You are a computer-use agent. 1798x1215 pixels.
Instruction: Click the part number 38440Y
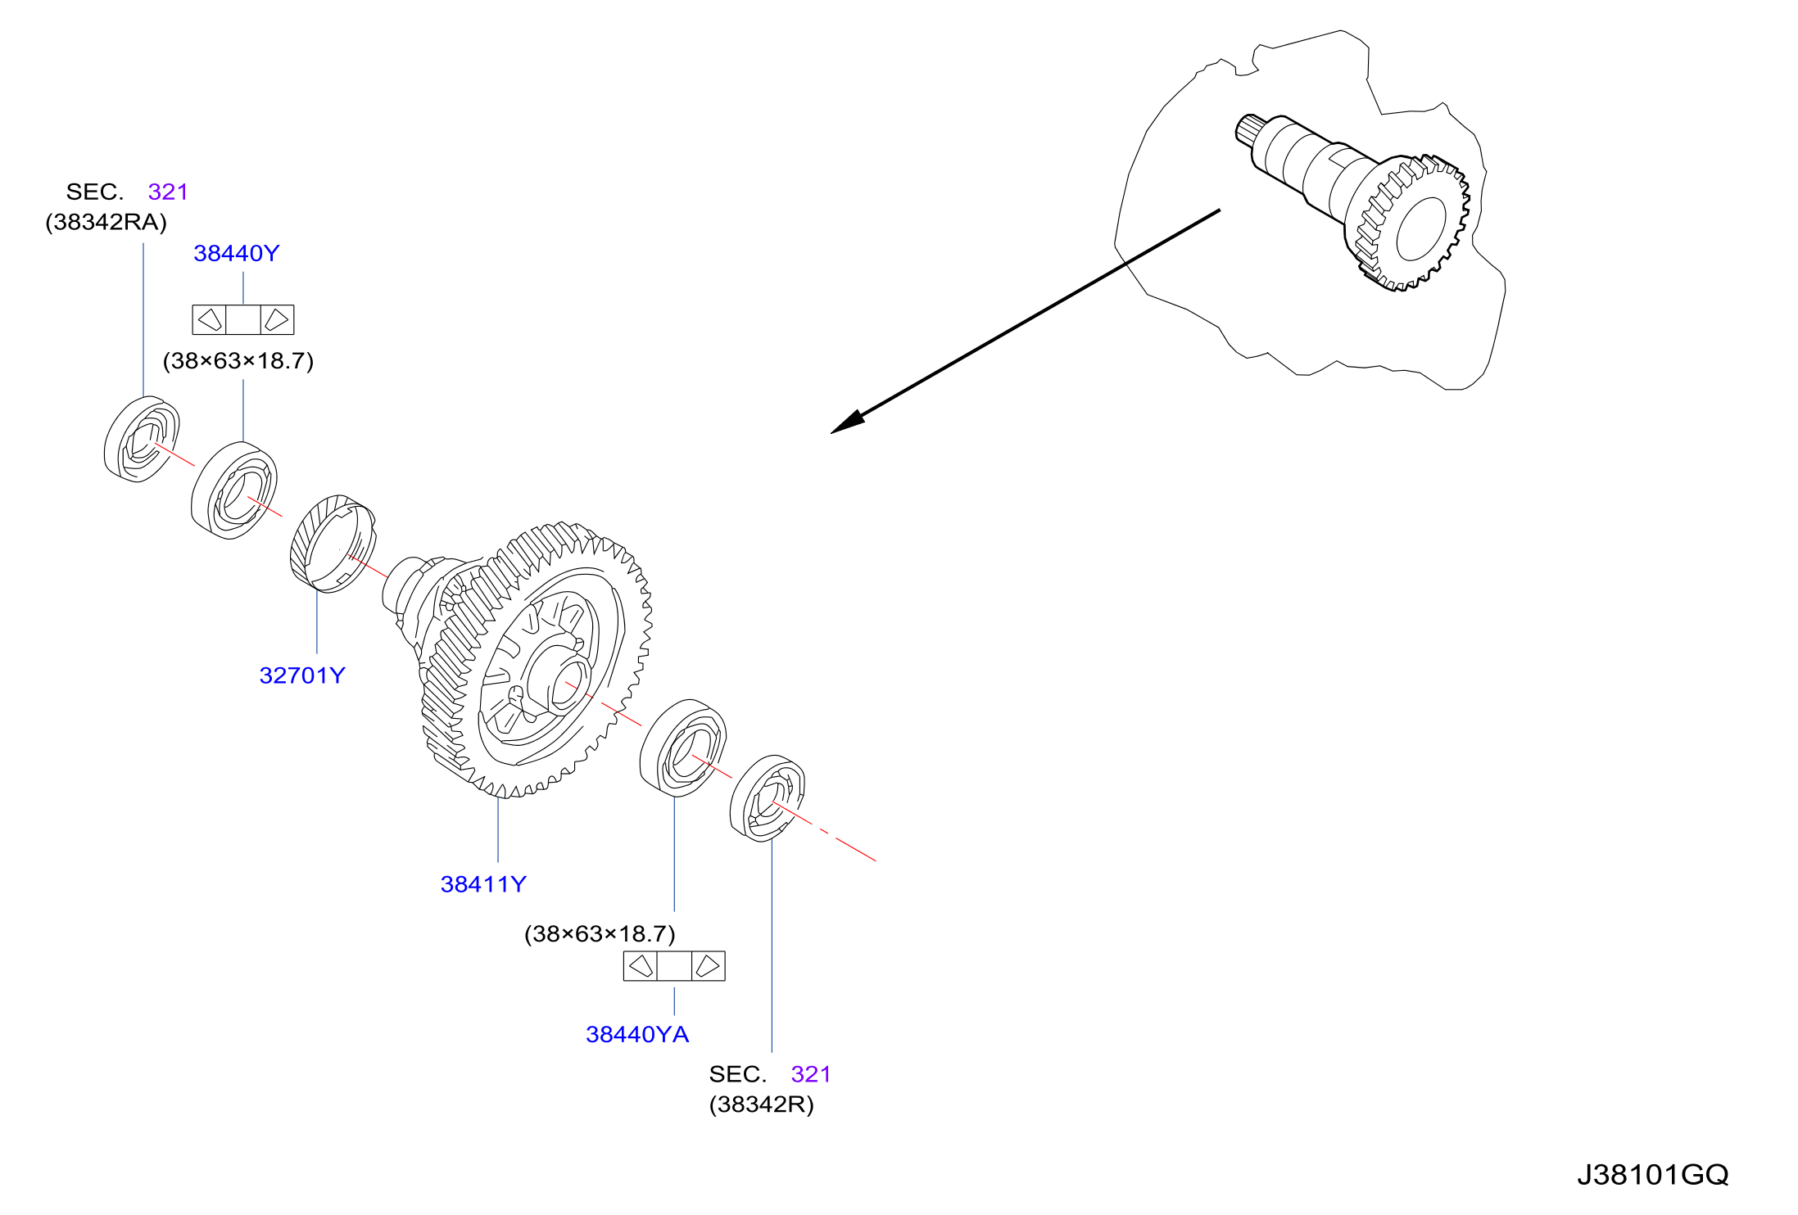tap(237, 254)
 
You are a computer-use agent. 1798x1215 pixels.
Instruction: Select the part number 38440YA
tap(637, 1035)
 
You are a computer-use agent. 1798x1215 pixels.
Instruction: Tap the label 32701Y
tap(302, 675)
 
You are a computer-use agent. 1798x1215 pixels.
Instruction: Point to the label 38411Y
tap(483, 884)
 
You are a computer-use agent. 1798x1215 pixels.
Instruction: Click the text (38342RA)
tap(106, 223)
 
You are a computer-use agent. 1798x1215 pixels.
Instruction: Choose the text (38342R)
tap(762, 1105)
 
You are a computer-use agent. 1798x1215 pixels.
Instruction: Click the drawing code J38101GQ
tap(1653, 1176)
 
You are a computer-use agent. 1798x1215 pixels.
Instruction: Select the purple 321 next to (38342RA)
tap(168, 192)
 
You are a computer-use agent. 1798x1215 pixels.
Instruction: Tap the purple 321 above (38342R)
tap(811, 1074)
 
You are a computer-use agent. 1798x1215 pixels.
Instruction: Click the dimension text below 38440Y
tap(238, 361)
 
